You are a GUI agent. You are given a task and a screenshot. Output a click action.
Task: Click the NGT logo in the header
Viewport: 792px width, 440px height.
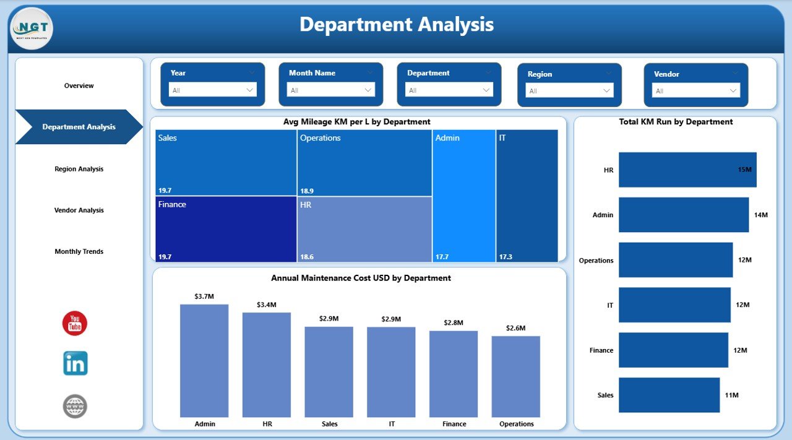click(x=32, y=28)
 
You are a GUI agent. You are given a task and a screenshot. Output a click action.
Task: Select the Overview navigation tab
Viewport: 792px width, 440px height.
click(x=79, y=85)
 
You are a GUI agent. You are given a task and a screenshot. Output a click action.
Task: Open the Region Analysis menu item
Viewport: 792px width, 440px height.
click(x=79, y=169)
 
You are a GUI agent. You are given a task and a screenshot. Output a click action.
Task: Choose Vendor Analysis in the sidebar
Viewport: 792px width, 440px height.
click(x=79, y=210)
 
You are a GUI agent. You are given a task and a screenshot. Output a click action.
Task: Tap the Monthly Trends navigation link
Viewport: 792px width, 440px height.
click(x=79, y=252)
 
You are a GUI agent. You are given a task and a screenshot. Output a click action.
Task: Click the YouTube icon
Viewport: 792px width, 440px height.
click(x=75, y=324)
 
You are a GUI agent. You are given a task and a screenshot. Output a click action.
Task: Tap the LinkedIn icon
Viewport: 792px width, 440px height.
click(x=75, y=363)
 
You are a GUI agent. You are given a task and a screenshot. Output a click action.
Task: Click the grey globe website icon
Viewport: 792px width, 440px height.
click(x=75, y=406)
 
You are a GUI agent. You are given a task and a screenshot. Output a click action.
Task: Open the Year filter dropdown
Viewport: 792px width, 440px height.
click(x=212, y=90)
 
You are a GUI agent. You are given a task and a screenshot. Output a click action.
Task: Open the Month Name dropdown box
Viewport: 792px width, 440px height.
click(x=330, y=90)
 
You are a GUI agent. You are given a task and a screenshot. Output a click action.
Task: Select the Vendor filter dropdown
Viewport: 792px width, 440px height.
click(x=695, y=90)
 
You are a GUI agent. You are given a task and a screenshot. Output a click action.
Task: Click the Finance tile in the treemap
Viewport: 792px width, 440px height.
click(x=226, y=229)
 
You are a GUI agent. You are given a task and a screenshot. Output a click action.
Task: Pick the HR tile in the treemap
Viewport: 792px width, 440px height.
click(x=364, y=229)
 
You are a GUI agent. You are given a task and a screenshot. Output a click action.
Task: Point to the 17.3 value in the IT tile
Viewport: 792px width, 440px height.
click(x=506, y=257)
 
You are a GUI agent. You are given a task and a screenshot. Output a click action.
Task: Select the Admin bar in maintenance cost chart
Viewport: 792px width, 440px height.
click(x=204, y=360)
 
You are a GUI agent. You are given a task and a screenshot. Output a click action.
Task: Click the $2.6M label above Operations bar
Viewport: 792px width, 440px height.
click(x=516, y=328)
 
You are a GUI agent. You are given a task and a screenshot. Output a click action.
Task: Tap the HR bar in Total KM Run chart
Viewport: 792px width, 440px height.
click(x=687, y=170)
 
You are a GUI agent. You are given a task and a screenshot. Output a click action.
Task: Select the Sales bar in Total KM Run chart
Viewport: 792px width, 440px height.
click(x=669, y=395)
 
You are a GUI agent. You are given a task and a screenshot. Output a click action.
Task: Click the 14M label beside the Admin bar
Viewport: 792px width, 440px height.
click(x=760, y=215)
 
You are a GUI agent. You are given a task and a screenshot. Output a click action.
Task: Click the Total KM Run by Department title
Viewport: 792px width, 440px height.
click(x=676, y=122)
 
